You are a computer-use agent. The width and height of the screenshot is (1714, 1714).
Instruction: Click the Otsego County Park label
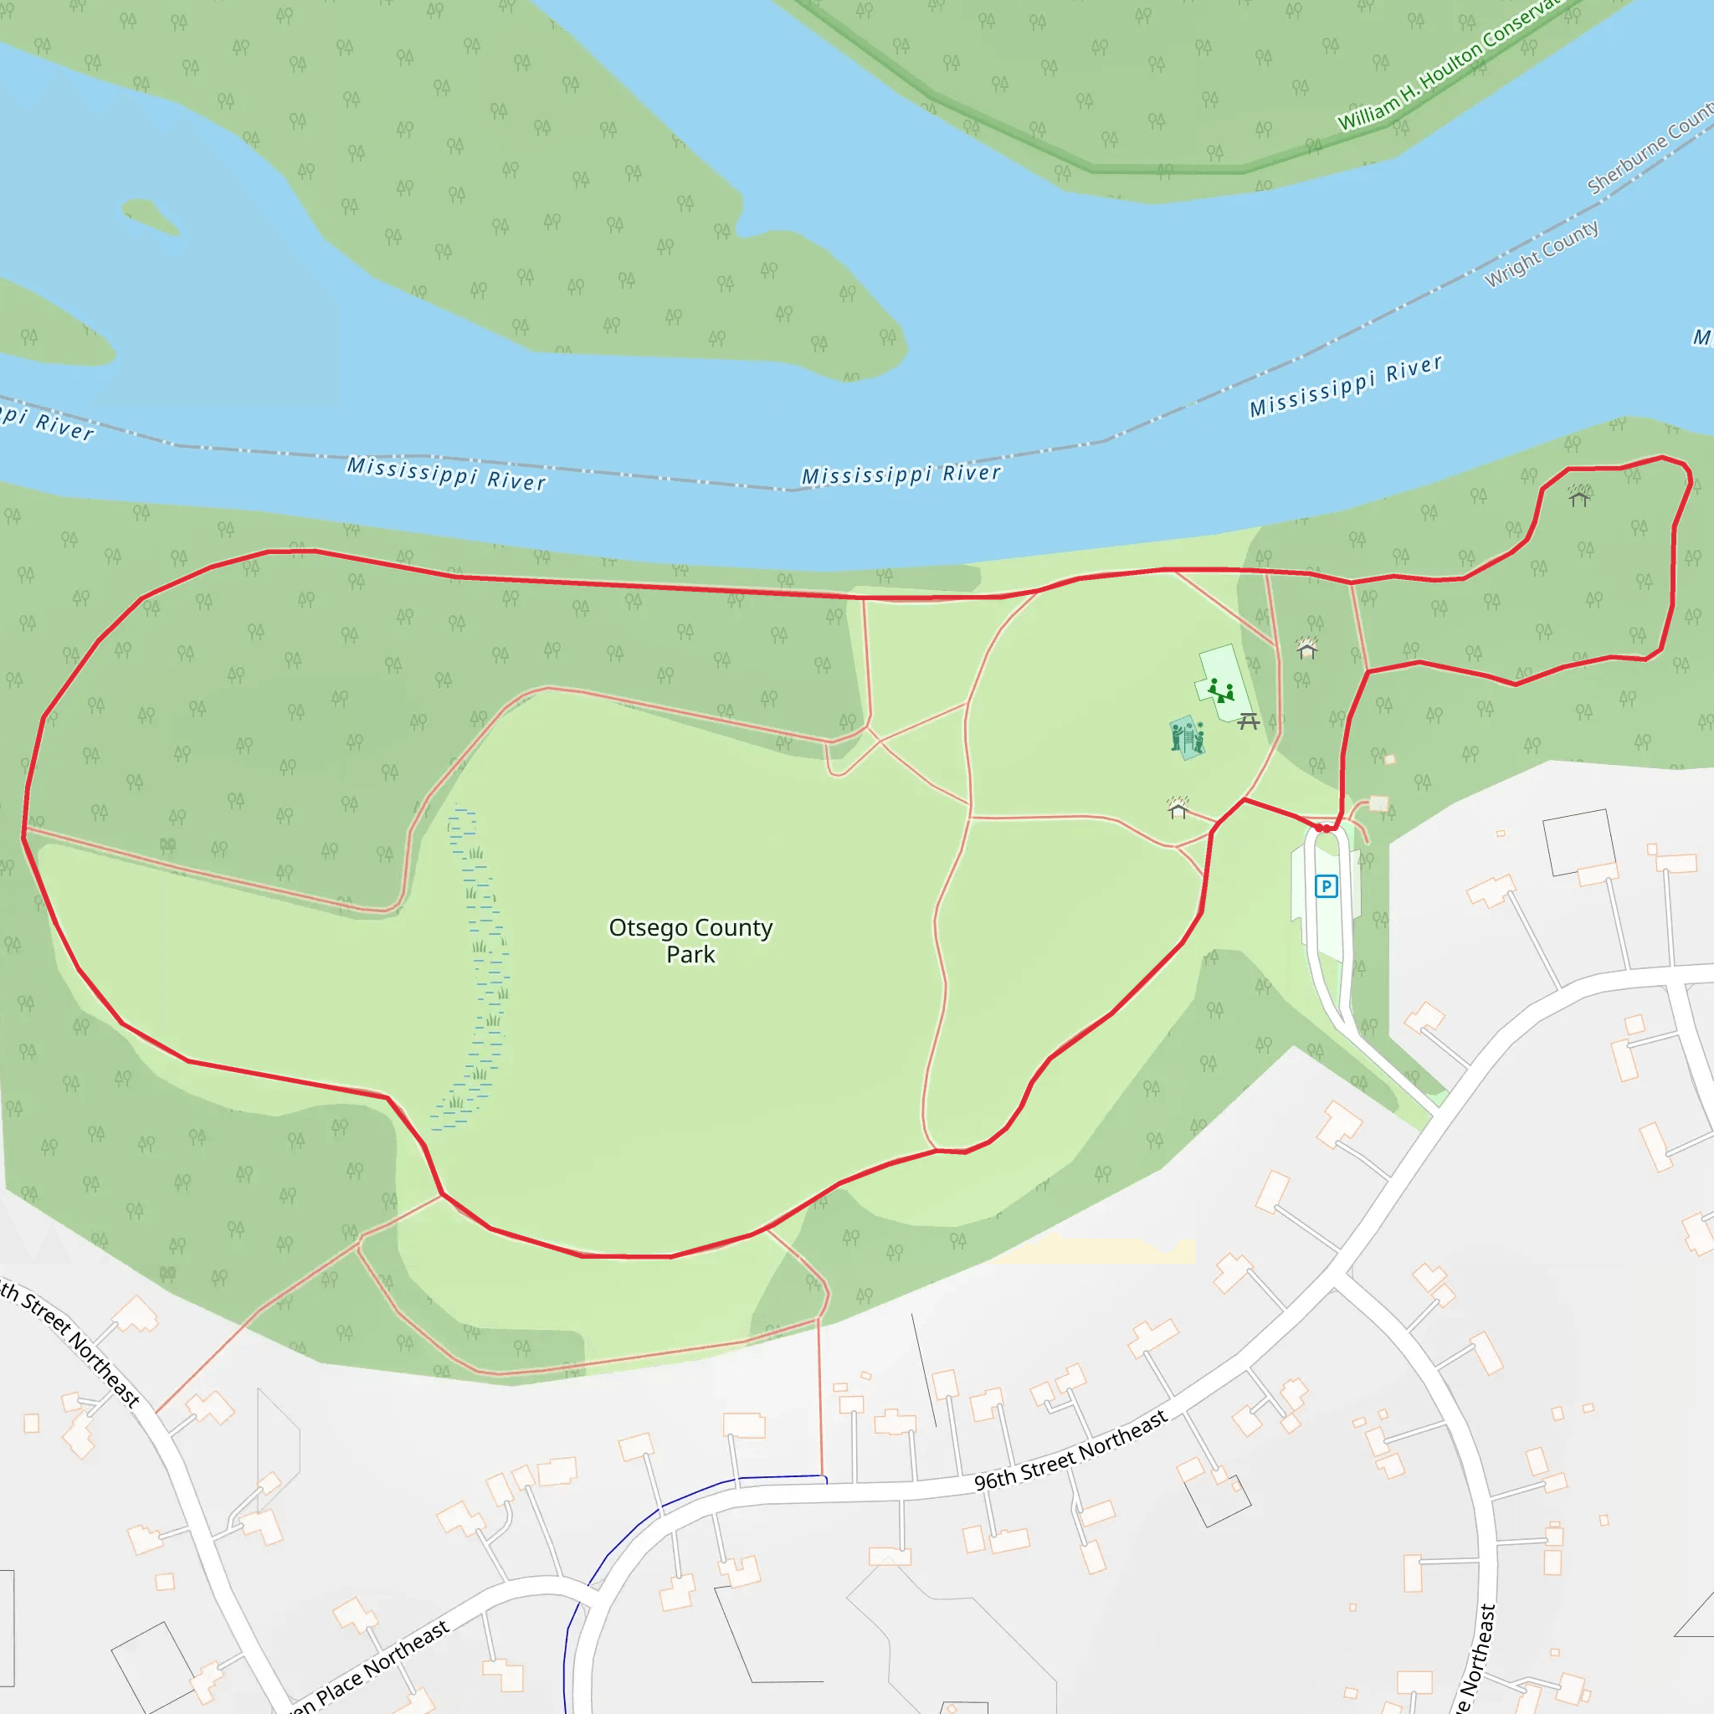tap(690, 941)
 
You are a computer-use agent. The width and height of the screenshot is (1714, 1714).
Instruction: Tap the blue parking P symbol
tap(1326, 886)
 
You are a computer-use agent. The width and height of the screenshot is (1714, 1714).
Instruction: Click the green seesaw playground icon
tap(1221, 690)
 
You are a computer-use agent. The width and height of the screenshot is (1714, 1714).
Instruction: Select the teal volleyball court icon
tap(1187, 737)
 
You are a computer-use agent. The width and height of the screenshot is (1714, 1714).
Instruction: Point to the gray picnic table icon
tap(1248, 721)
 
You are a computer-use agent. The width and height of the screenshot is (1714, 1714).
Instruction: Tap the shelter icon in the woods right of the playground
tap(1306, 649)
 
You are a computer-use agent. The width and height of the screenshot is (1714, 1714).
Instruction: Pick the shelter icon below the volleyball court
tap(1178, 808)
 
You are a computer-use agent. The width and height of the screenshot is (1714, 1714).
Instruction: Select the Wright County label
tap(1542, 254)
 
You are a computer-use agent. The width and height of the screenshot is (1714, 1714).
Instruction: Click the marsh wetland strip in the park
tap(475, 967)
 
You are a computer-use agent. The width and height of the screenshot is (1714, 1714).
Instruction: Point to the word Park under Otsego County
tap(690, 955)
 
